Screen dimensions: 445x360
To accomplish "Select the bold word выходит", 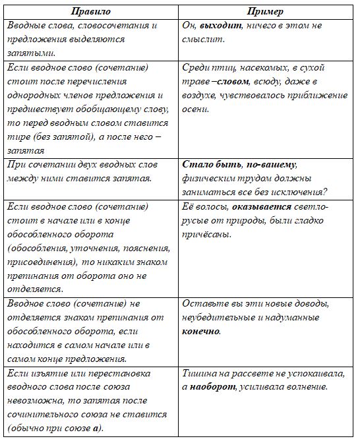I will click(222, 25).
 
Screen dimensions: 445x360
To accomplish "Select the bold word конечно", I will click(200, 331).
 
